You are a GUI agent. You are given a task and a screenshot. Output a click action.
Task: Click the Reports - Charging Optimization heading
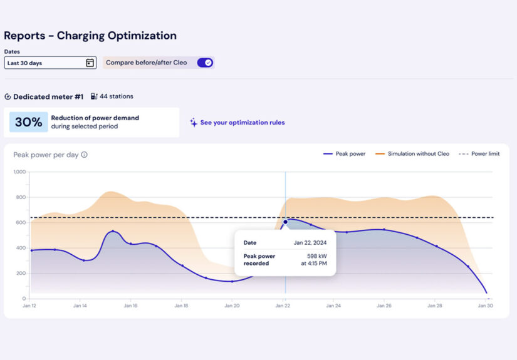pos(90,36)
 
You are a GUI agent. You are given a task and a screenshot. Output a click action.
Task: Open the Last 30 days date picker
pos(44,63)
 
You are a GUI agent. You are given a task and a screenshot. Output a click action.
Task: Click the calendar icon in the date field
pos(90,63)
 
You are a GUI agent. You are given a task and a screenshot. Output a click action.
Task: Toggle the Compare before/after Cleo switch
pos(205,63)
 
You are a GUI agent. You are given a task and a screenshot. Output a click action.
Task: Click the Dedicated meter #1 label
pos(48,97)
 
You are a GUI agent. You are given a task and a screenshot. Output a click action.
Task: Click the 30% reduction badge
pos(28,122)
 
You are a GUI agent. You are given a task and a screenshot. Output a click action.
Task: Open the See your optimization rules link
pos(242,123)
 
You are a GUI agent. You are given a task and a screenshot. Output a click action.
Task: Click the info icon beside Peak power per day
pos(85,155)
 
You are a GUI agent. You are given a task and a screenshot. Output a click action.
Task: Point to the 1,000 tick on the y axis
pos(19,172)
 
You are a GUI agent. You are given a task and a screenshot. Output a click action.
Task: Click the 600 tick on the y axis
pos(21,223)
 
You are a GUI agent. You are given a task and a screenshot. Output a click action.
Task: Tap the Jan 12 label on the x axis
pos(29,306)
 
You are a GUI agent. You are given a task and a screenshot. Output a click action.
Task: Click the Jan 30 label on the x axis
pos(486,306)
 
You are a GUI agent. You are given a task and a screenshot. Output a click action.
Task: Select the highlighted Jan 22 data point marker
pos(285,222)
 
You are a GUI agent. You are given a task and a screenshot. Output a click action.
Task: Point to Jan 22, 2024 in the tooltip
pos(311,242)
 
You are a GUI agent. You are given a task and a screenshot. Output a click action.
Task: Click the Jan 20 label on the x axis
pos(232,306)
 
